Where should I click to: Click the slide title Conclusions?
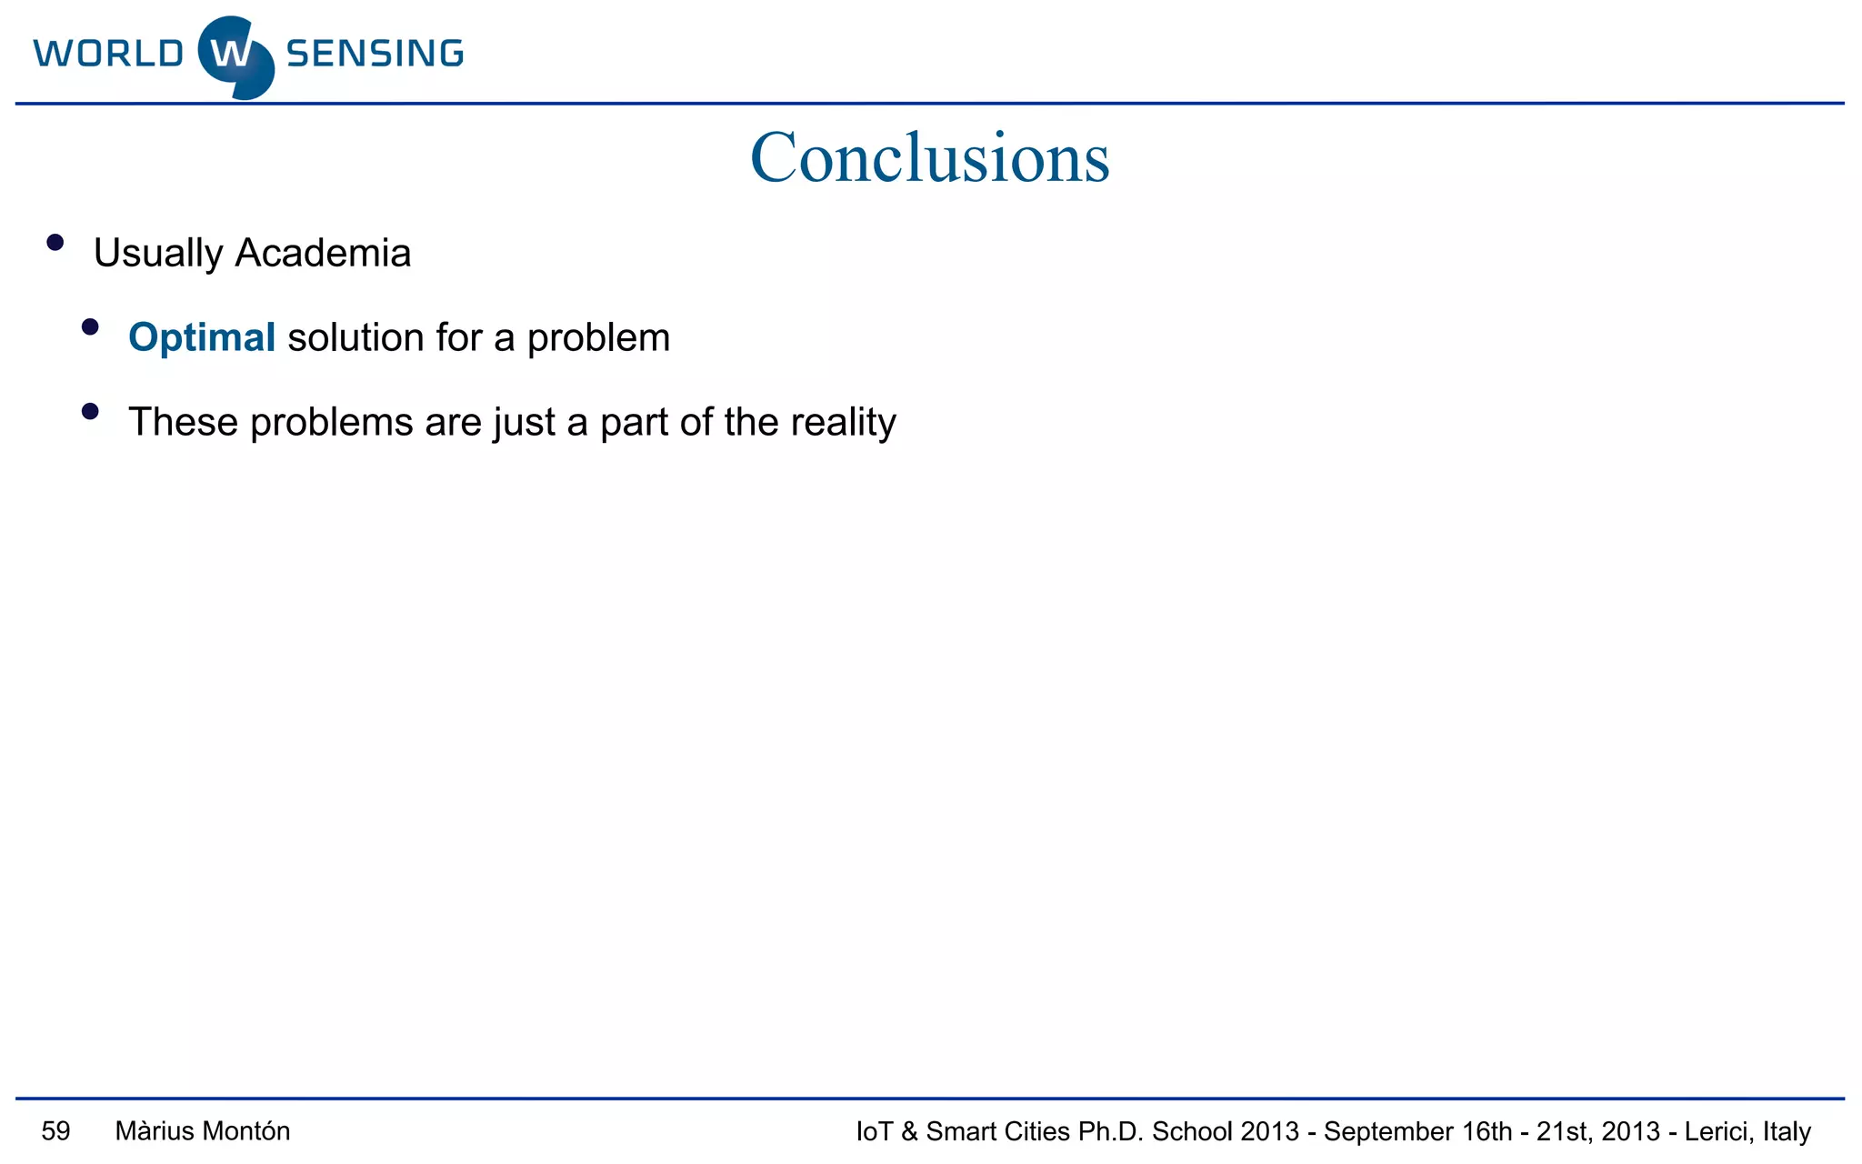point(929,157)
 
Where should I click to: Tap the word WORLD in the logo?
point(108,54)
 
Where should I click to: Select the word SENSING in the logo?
point(375,54)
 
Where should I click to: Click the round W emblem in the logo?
point(235,56)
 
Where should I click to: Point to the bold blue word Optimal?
point(202,337)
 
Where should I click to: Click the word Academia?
point(323,253)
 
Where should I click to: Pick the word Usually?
point(158,254)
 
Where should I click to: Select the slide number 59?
point(55,1131)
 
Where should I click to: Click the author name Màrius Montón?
point(203,1131)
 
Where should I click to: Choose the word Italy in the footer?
point(1787,1131)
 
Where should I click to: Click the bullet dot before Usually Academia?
point(55,242)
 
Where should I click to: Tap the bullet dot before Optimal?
point(90,326)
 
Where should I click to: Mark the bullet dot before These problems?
point(90,411)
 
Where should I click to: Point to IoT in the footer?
point(874,1131)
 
